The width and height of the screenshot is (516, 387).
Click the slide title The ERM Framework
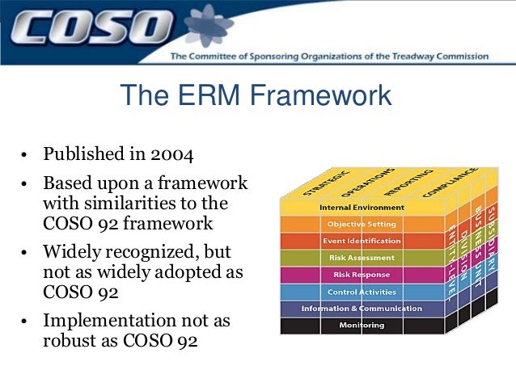click(x=256, y=95)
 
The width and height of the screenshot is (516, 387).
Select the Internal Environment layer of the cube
click(x=362, y=208)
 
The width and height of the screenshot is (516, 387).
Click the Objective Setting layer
click(x=362, y=224)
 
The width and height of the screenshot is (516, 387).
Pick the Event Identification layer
click(x=362, y=241)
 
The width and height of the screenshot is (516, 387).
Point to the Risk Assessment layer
click(x=362, y=258)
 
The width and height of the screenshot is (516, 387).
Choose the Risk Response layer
click(x=362, y=275)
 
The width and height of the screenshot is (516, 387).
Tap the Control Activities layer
click(x=362, y=292)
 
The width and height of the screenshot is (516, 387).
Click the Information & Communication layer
click(x=362, y=309)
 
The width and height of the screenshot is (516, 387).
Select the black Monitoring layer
click(x=362, y=326)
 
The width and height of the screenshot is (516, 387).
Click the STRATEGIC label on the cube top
click(x=324, y=182)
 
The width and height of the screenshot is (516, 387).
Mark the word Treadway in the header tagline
click(x=408, y=57)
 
